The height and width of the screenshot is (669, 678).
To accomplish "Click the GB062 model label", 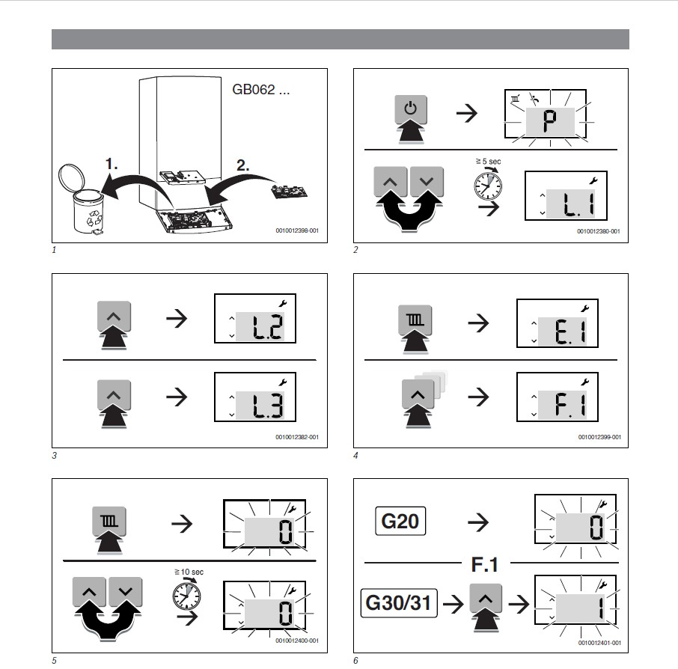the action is point(260,90).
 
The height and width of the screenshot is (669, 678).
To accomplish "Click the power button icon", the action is point(411,109).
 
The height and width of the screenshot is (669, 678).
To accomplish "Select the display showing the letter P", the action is point(546,114).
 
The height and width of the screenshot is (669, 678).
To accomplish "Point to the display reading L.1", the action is point(566,195).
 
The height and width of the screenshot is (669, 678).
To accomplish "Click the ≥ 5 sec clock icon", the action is point(488,185).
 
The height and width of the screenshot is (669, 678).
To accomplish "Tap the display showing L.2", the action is point(255,318).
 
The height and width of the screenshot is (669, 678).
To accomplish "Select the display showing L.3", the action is point(255,397).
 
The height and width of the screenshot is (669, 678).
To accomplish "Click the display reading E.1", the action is point(558,323).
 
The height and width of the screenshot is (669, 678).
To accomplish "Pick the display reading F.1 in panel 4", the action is point(558,397).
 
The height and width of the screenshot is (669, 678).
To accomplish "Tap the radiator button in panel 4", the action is point(415,320).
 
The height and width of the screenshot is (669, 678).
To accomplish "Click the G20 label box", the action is point(400,521).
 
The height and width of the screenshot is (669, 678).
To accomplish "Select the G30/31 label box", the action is point(399,603).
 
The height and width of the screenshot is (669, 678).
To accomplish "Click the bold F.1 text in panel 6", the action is point(485,564).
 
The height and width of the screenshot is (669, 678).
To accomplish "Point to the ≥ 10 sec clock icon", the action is point(187,595).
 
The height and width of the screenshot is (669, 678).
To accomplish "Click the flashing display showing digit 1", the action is point(576,600).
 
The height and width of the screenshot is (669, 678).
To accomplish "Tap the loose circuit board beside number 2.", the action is point(290,191).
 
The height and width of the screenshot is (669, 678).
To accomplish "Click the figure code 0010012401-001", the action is point(599,643).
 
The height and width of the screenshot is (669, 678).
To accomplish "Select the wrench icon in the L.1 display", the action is point(593,180).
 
